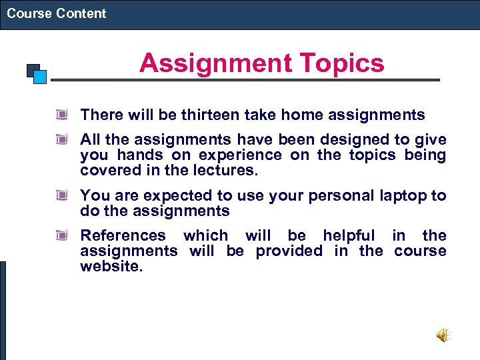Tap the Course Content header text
57,13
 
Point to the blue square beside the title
39,76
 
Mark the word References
123,235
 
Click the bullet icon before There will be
62,115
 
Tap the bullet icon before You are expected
62,196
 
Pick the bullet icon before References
62,235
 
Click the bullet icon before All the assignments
62,139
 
